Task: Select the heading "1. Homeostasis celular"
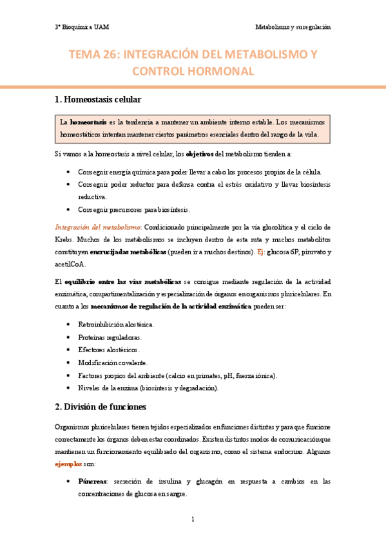97,100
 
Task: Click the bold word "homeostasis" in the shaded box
88,122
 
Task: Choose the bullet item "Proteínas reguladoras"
110,338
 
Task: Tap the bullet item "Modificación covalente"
112,362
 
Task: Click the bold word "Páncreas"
92,481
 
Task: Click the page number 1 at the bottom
193,519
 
